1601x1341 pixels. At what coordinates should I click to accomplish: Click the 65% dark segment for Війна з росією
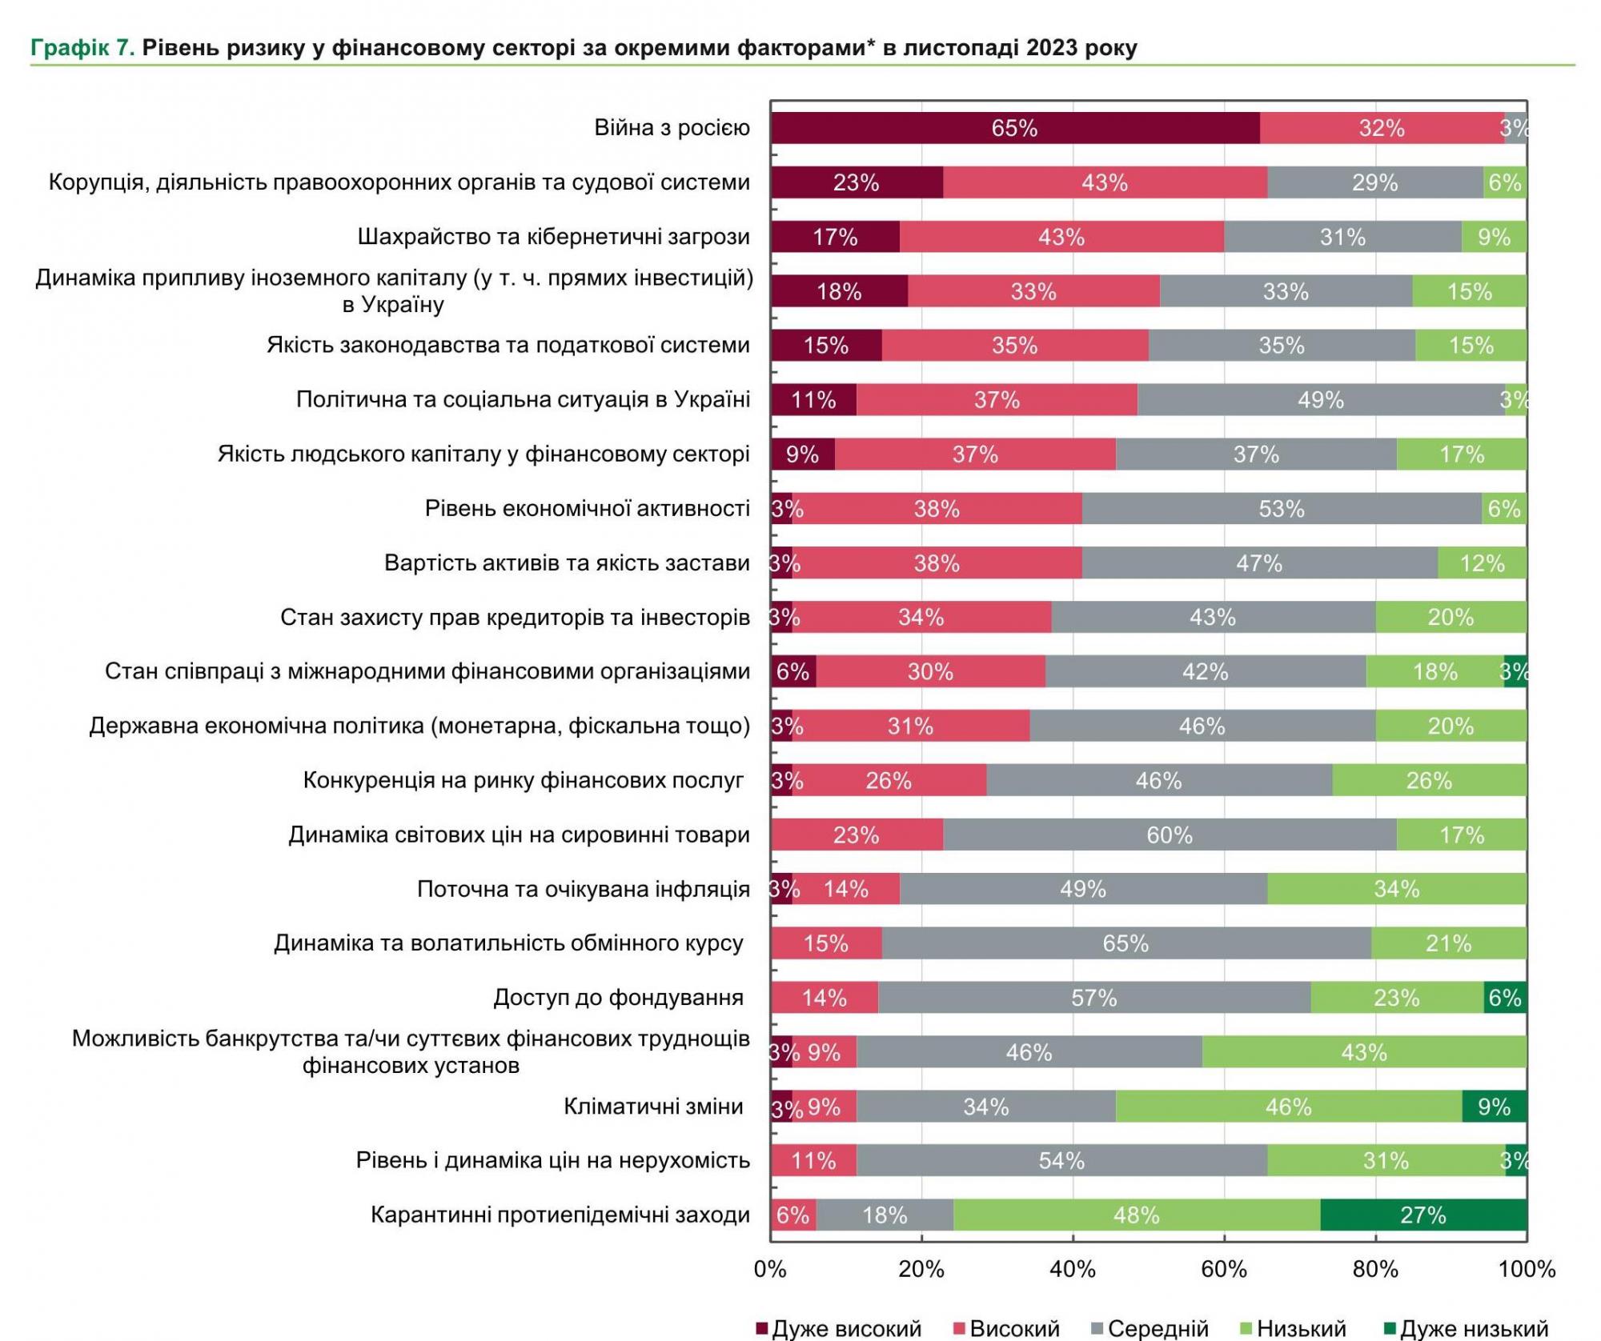[x=1015, y=128]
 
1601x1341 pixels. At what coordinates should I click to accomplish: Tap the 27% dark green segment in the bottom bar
[x=1423, y=1215]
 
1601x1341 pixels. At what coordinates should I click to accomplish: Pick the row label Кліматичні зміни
[x=653, y=1107]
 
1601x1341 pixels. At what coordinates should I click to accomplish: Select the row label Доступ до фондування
[x=618, y=998]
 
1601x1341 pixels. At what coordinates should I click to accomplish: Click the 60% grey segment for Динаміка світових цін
[x=1170, y=835]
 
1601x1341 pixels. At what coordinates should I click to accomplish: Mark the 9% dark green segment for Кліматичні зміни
[x=1494, y=1107]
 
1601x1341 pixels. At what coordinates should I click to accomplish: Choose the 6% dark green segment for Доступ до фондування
[x=1505, y=998]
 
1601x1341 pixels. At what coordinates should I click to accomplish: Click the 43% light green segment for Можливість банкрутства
[x=1364, y=1052]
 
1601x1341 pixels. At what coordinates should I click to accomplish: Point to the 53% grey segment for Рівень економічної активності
[x=1282, y=509]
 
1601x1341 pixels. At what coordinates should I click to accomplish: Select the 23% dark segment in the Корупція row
[x=857, y=182]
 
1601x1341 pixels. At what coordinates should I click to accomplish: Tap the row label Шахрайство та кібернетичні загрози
[x=553, y=237]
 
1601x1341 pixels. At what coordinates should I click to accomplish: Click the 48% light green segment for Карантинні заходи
[x=1137, y=1215]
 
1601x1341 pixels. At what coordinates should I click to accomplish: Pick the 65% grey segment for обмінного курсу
[x=1126, y=943]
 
